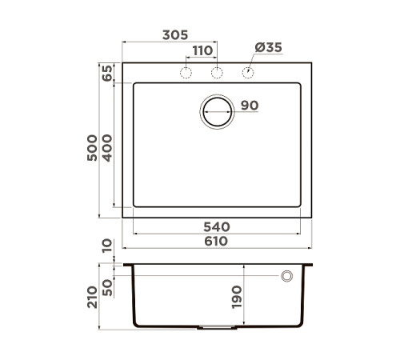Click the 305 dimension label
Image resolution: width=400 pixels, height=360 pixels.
point(174,35)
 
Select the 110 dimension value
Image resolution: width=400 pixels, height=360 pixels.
point(202,50)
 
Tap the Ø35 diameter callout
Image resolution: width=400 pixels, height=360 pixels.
point(268,48)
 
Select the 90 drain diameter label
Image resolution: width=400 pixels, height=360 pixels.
point(249,106)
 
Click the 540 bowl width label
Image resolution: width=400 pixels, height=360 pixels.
point(216,227)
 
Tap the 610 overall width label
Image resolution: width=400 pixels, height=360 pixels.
point(216,241)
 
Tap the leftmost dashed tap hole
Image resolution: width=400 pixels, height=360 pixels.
point(185,74)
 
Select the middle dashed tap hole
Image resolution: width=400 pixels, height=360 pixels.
point(216,74)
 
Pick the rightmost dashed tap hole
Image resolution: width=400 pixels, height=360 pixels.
point(247,74)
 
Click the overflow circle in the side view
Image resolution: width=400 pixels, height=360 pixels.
point(286,276)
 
